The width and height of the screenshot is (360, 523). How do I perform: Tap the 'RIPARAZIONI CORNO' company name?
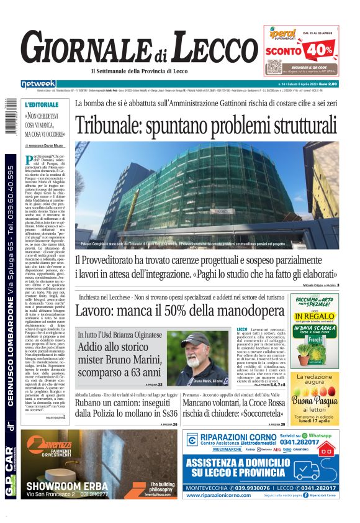tap(239, 438)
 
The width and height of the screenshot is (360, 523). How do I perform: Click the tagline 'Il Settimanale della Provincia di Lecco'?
tap(153, 71)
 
